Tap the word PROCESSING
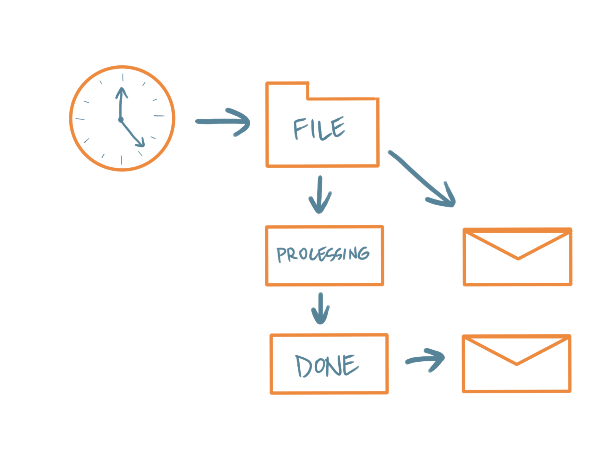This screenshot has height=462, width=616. click(323, 254)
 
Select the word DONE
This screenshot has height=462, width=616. click(327, 365)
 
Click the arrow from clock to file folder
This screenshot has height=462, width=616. click(222, 121)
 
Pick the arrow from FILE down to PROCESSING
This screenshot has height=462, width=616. click(320, 195)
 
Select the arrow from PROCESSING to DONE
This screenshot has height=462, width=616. click(320, 308)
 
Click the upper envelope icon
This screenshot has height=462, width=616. click(517, 257)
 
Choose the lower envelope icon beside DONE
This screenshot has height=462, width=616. click(516, 364)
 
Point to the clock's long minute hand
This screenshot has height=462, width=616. click(121, 103)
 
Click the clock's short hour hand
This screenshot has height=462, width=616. click(132, 133)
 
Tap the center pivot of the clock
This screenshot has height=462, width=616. click(121, 119)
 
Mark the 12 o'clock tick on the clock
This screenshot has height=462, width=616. click(123, 77)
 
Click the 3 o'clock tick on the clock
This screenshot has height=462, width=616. click(159, 116)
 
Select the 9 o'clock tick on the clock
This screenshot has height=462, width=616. click(80, 119)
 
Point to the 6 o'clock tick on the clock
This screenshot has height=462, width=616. click(121, 160)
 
